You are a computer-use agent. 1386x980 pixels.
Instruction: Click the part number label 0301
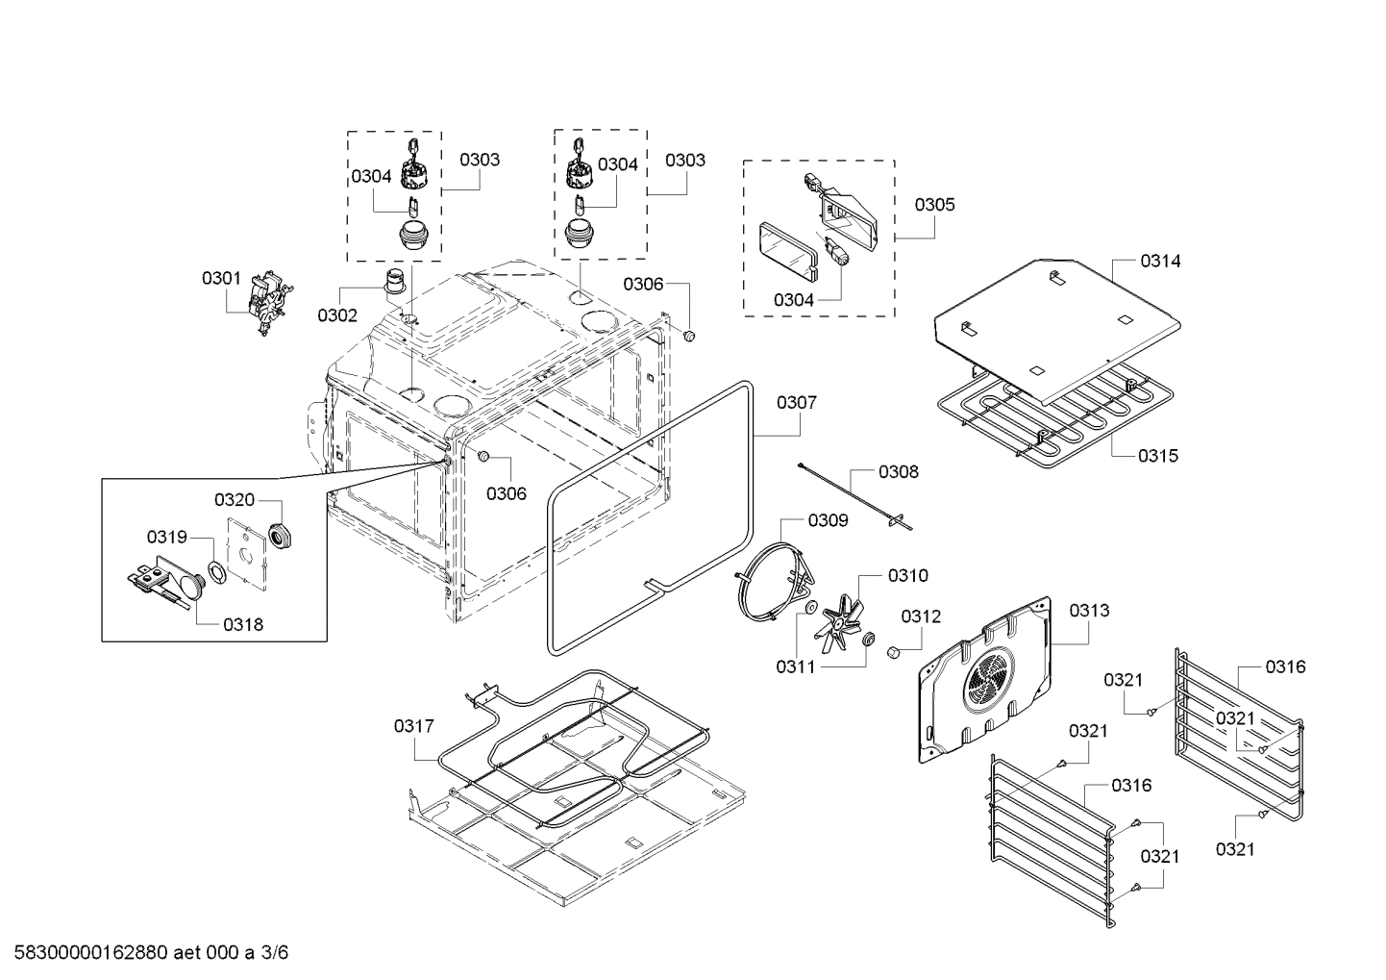(x=221, y=278)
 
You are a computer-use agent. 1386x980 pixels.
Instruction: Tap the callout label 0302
(x=337, y=314)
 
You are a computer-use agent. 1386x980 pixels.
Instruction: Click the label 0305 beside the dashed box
(x=934, y=204)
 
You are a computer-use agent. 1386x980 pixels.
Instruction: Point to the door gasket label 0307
(x=797, y=402)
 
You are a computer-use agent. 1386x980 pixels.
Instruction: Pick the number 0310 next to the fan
(x=907, y=575)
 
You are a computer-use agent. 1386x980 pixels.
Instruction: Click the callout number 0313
(x=1089, y=610)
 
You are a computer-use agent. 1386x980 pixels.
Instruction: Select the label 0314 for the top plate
(x=1161, y=261)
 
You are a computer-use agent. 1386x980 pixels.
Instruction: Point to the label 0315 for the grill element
(x=1158, y=456)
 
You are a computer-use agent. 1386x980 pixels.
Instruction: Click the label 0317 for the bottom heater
(x=413, y=726)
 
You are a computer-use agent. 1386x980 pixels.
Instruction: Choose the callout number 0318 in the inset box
(x=243, y=624)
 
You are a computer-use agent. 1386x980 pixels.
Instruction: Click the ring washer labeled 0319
(x=218, y=570)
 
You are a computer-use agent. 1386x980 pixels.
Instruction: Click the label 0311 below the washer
(x=796, y=666)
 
